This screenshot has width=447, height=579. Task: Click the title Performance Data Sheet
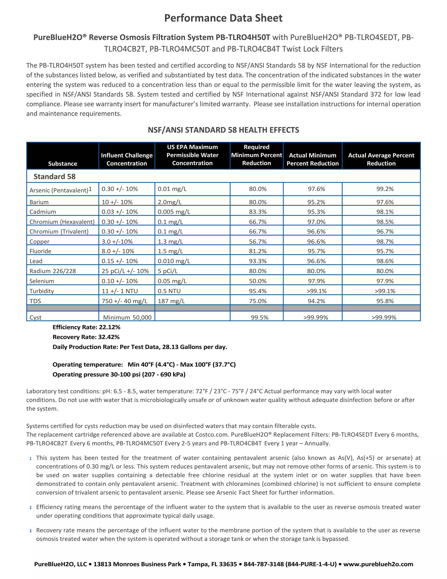click(x=223, y=18)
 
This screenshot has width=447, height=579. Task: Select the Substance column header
click(x=62, y=164)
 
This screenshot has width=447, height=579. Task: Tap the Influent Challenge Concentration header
click(x=127, y=159)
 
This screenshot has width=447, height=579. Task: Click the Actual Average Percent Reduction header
click(x=381, y=159)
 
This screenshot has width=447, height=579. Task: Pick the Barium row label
click(x=39, y=202)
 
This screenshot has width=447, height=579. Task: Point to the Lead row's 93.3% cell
click(x=258, y=261)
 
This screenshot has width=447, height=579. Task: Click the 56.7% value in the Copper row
click(x=258, y=241)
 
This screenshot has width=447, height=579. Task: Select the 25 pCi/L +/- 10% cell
click(x=125, y=271)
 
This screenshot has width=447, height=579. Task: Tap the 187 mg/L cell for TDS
click(x=171, y=301)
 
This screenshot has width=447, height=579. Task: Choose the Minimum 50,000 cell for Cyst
click(x=127, y=317)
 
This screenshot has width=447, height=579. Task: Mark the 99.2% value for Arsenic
click(x=385, y=189)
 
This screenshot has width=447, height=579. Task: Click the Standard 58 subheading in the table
click(x=55, y=177)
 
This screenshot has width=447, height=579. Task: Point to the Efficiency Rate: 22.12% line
click(x=86, y=327)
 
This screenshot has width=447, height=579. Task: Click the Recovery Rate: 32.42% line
click(x=86, y=337)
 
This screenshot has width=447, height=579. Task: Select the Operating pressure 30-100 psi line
click(x=119, y=374)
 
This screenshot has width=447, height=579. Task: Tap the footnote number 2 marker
click(x=31, y=507)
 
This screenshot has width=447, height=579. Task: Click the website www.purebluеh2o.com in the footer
click(x=378, y=564)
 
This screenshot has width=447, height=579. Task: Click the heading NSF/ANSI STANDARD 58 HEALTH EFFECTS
click(x=223, y=130)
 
